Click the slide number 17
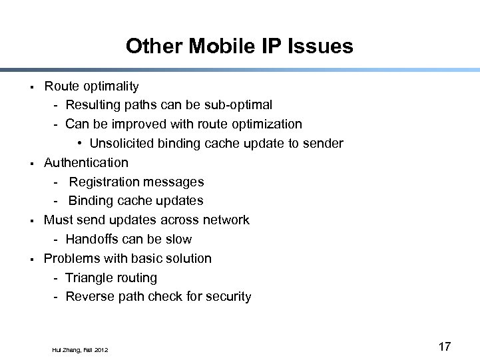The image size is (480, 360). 445,346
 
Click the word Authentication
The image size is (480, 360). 86,162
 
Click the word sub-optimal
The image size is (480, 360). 239,105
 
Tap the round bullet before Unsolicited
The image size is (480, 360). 79,144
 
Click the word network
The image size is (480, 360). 226,220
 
